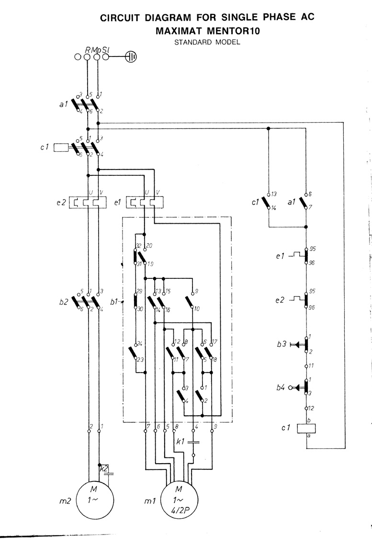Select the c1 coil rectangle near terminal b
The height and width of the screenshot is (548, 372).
tap(307, 428)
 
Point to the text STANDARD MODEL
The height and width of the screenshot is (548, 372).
tap(207, 42)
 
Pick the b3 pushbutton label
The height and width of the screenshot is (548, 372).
tap(281, 344)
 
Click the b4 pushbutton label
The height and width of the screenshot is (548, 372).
tap(281, 387)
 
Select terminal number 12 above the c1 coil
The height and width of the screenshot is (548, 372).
tap(311, 408)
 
